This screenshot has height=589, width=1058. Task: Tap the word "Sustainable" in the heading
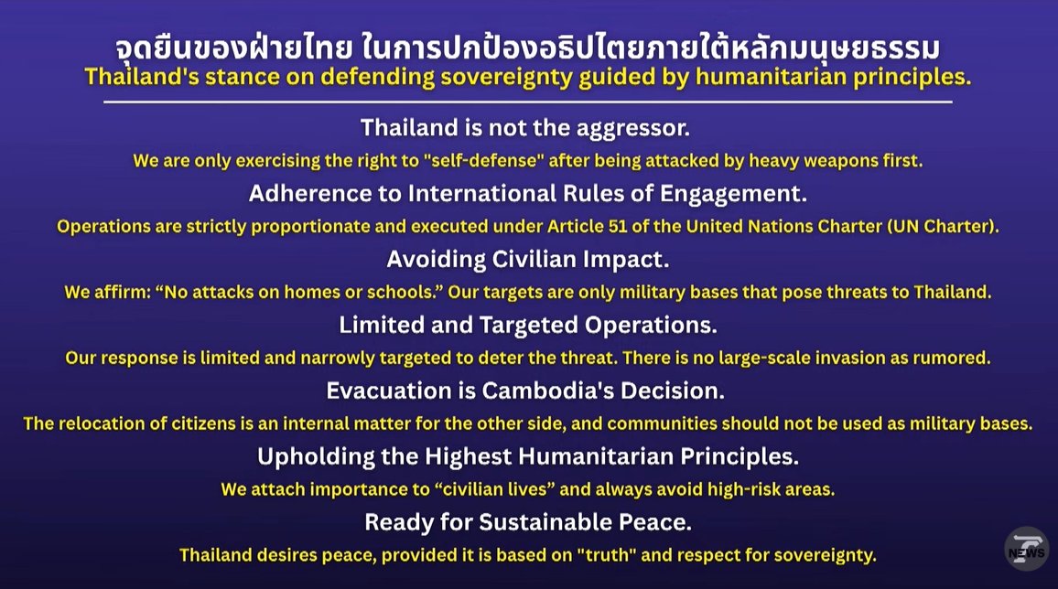[x=531, y=522]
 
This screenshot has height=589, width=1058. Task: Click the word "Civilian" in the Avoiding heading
[x=534, y=260]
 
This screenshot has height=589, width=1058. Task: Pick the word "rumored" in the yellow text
[x=953, y=359]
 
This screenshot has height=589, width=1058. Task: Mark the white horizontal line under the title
[x=528, y=102]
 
